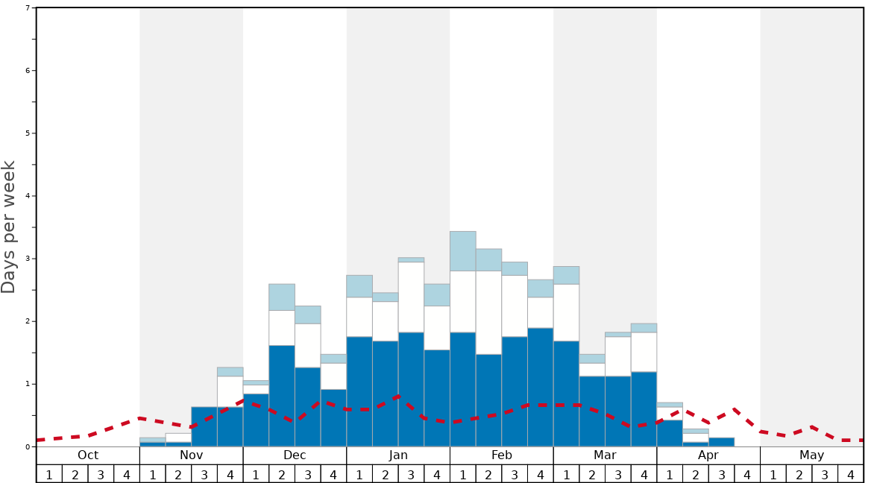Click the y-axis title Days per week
[9, 227]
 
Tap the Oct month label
[88, 455]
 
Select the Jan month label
[398, 455]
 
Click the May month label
[811, 455]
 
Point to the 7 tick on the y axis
[28, 8]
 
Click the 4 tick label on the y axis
[28, 196]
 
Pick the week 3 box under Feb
[515, 474]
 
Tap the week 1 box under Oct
[49, 474]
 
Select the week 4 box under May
[850, 474]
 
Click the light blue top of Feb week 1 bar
[463, 251]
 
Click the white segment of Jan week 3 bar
[411, 297]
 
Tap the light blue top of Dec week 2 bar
[282, 297]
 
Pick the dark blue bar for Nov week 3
[204, 426]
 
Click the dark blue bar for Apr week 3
[721, 442]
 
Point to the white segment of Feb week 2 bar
[488, 312]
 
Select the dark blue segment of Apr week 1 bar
[670, 433]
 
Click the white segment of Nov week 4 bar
[230, 391]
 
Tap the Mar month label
[605, 455]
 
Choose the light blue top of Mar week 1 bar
[566, 275]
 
